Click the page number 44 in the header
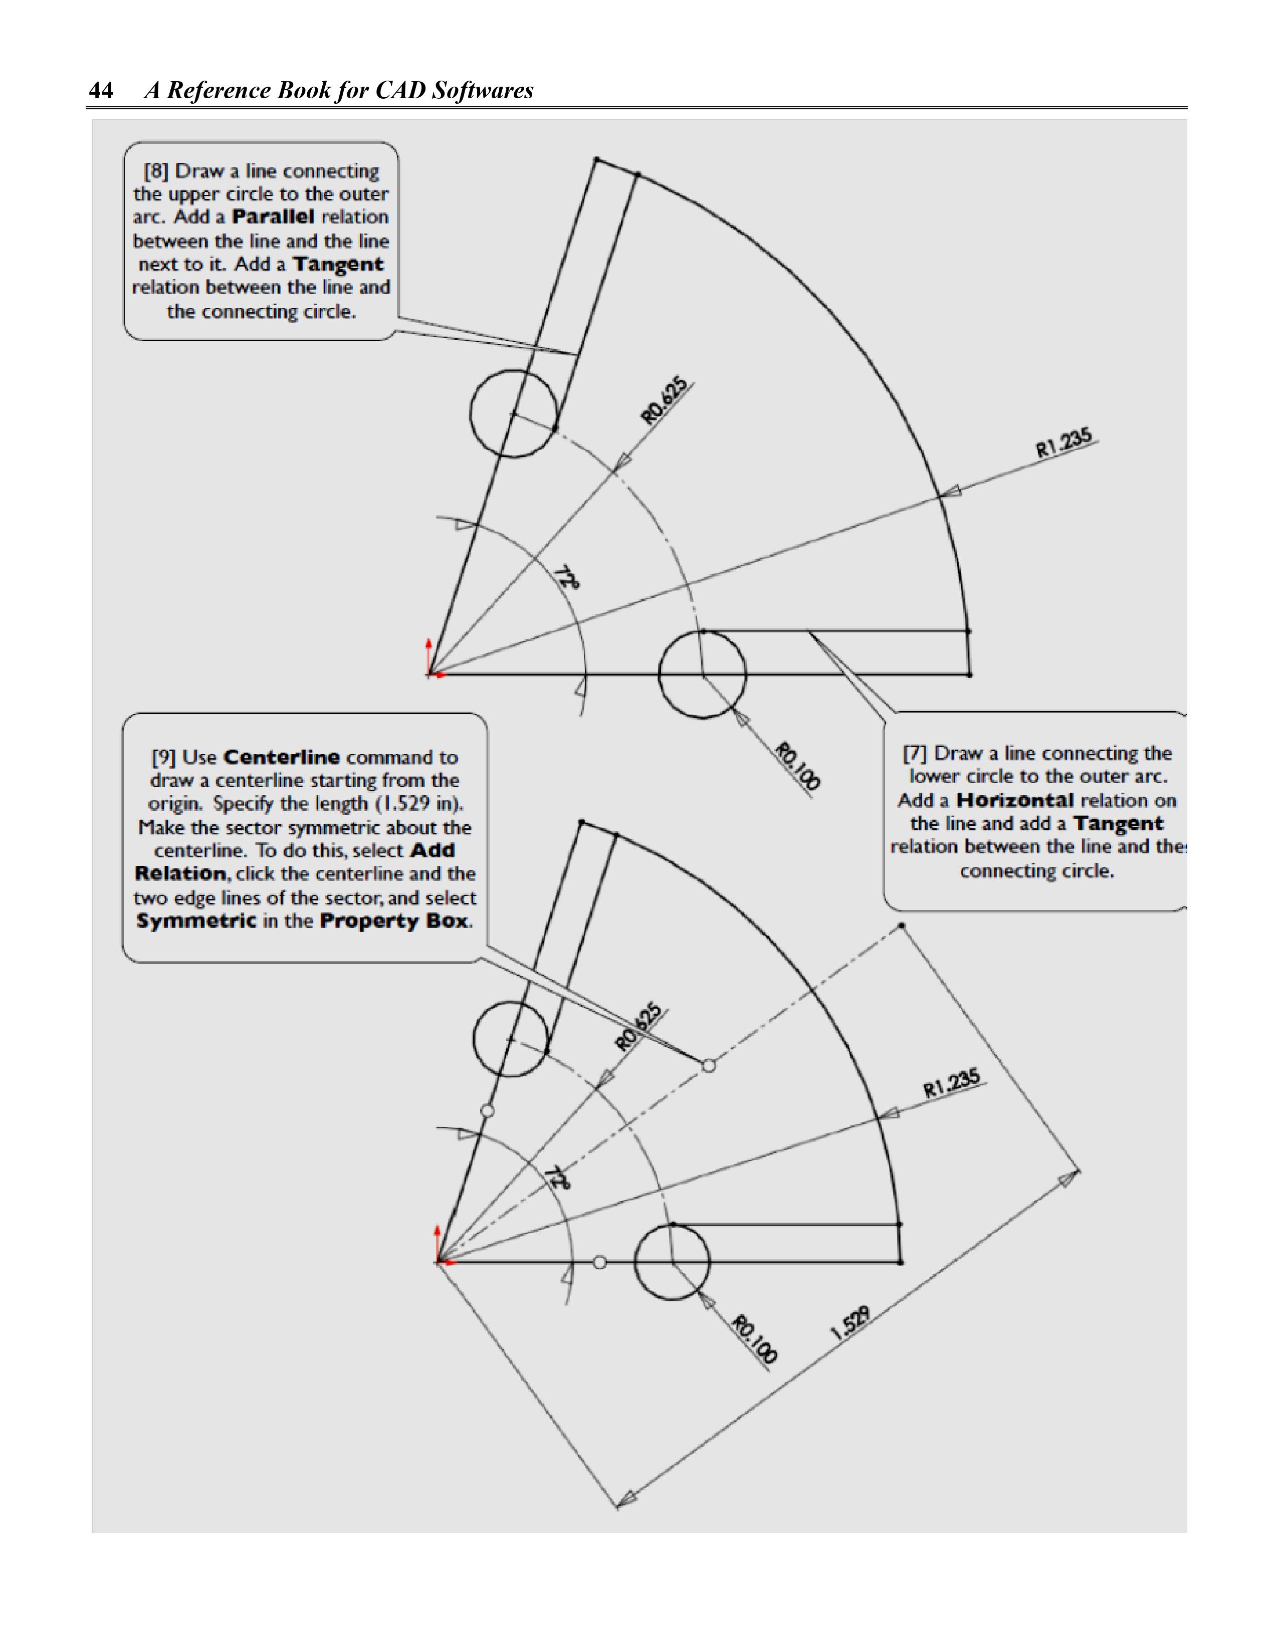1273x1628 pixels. [x=101, y=91]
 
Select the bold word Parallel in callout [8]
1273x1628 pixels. [x=273, y=217]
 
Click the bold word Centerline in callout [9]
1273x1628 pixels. [x=281, y=757]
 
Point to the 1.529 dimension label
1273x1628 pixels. [x=850, y=1323]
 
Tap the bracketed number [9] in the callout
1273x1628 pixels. [x=163, y=757]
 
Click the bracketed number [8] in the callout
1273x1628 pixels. [x=156, y=171]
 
